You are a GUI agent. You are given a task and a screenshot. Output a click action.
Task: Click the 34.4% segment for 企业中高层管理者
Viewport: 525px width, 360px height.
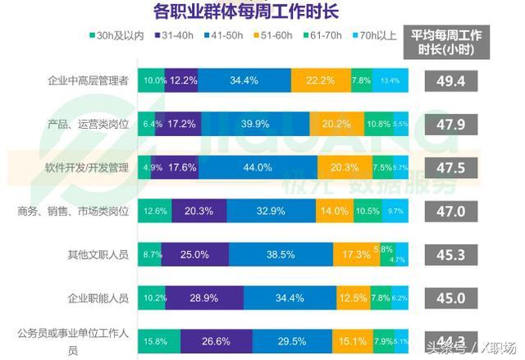244,80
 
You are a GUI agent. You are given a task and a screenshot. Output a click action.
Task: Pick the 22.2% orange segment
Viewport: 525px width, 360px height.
320,80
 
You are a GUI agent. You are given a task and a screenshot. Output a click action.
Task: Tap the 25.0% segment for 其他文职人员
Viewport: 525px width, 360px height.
194,254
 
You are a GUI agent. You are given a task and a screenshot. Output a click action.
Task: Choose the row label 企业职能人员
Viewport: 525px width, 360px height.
98,298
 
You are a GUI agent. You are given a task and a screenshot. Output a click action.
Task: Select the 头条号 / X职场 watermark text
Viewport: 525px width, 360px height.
470,345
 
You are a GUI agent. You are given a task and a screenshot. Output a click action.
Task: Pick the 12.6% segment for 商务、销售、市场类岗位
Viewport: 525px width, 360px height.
154,211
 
